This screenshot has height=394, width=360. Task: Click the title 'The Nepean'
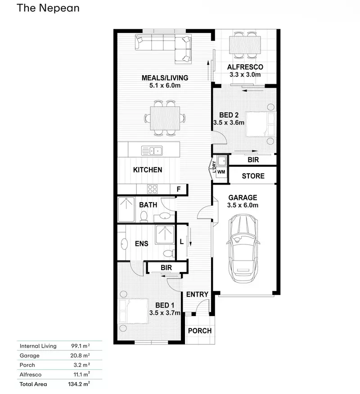(48, 8)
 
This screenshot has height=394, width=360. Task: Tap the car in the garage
(243, 248)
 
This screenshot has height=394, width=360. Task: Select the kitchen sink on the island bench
(152, 151)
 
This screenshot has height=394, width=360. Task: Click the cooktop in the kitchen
(153, 189)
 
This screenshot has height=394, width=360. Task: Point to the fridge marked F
(179, 189)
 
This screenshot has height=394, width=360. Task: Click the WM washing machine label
(221, 172)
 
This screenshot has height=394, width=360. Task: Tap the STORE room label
(253, 176)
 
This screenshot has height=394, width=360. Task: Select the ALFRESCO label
(245, 67)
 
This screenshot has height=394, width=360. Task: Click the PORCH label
(200, 331)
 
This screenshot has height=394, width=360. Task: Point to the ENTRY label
(197, 294)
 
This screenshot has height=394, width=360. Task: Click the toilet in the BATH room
(144, 217)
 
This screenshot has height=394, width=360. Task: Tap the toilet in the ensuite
(170, 253)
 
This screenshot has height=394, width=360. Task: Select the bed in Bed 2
(261, 124)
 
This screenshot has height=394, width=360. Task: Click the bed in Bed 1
(133, 311)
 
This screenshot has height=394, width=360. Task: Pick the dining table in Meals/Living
(165, 118)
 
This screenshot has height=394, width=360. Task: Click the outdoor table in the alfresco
(245, 45)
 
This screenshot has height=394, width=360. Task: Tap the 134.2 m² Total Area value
(79, 384)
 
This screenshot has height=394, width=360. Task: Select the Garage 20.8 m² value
(80, 355)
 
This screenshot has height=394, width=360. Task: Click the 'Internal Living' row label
(38, 346)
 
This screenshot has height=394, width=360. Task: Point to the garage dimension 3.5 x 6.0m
(243, 205)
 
